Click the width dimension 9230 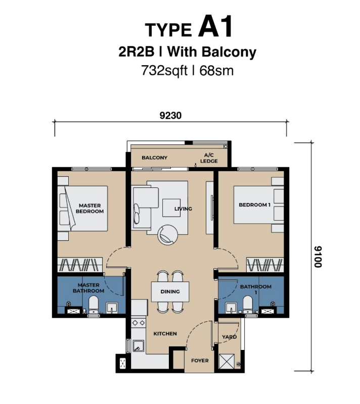pos(170,116)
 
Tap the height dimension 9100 pos(318,257)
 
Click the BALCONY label pos(155,158)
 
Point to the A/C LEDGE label pos(209,158)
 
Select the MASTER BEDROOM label pos(89,209)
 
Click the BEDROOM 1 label pos(254,205)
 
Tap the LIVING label pos(183,209)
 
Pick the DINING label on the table pos(170,292)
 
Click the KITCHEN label pos(165,334)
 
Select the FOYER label pos(200,361)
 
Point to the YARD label pos(229,337)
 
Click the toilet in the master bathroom pos(93,305)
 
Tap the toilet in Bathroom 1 pos(248,305)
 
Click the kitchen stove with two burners pos(138,323)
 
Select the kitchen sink pos(139,346)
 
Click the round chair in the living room pos(168,235)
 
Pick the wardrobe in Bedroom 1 pos(265,265)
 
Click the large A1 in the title pos(215,26)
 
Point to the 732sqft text pos(164,71)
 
